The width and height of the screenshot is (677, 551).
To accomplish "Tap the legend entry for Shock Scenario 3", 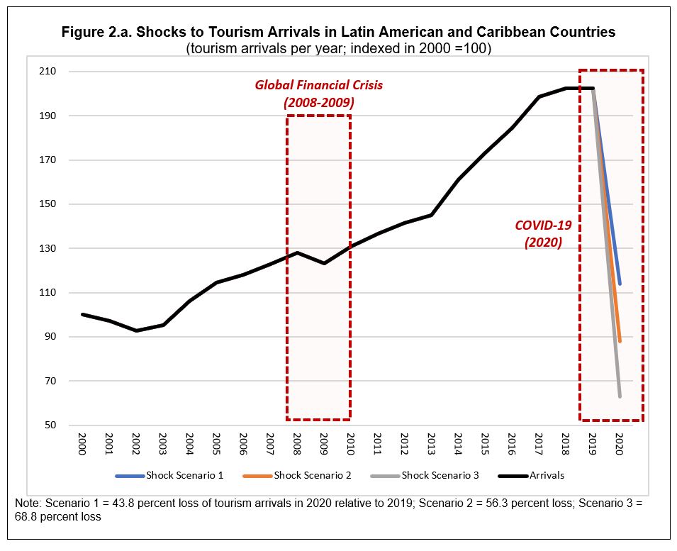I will pos(425,475).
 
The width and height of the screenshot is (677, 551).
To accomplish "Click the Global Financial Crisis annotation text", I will pos(319,94).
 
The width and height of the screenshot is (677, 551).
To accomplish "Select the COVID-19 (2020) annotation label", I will pos(542,234).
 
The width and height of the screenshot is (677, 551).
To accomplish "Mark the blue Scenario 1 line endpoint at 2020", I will pos(620,284).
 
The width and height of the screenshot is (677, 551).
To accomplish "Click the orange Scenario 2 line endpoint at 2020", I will pos(620,341).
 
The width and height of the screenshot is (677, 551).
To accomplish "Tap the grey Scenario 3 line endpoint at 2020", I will pos(620,396).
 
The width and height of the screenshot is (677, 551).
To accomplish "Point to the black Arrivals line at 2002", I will pos(136,330).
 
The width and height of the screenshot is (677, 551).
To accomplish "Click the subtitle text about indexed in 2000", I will pos(339,48).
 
